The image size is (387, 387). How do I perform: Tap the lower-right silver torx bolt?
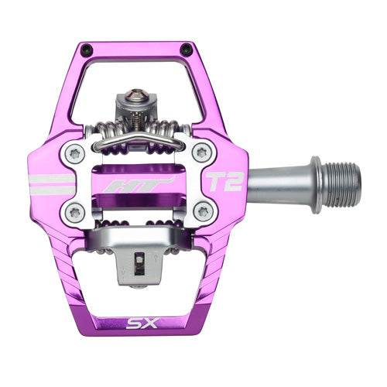click(x=203, y=209)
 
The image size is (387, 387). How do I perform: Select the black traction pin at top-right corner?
click(x=187, y=50)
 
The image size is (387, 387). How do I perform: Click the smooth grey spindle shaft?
click(x=279, y=182)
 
